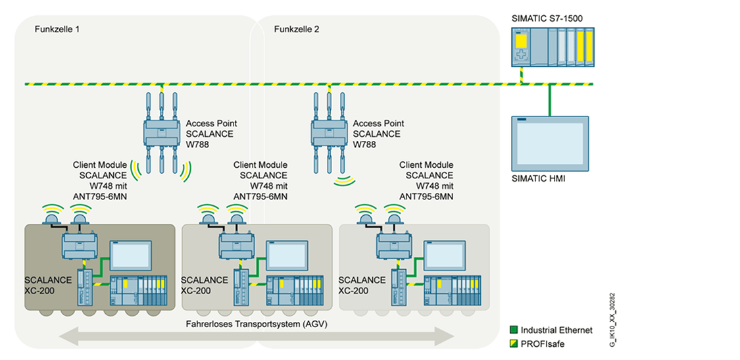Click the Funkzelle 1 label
57,30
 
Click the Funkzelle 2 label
297,30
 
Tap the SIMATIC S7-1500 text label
547,18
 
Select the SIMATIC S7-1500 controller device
553,47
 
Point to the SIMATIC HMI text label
540,179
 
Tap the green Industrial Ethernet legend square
514,330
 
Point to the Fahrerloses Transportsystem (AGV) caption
257,325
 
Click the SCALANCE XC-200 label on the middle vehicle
204,285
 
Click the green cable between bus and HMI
549,100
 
